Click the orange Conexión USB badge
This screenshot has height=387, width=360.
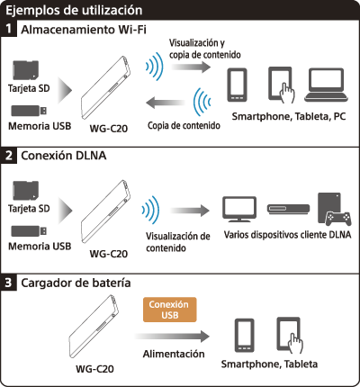pyautogui.click(x=170, y=310)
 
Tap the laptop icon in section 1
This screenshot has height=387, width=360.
pyautogui.click(x=327, y=85)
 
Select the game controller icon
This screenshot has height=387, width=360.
pyautogui.click(x=338, y=219)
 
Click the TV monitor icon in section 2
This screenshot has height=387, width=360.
pyautogui.click(x=239, y=209)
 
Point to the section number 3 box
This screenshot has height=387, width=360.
pyautogui.click(x=8, y=283)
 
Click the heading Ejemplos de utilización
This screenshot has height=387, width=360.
pyautogui.click(x=74, y=10)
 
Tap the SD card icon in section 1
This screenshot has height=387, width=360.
pyautogui.click(x=26, y=70)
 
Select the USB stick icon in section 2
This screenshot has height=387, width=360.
pyautogui.click(x=29, y=230)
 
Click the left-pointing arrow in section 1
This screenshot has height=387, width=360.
pyautogui.click(x=166, y=103)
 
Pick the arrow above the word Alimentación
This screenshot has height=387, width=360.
pyautogui.click(x=172, y=337)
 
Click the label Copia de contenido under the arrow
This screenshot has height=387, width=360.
pyautogui.click(x=184, y=125)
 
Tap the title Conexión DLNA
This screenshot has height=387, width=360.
pyautogui.click(x=64, y=156)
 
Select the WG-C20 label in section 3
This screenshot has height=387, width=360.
pyautogui.click(x=94, y=369)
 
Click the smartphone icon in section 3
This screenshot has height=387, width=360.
pyautogui.click(x=245, y=336)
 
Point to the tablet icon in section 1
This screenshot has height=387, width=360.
pyautogui.click(x=282, y=85)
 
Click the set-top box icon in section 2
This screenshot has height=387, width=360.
pyautogui.click(x=288, y=209)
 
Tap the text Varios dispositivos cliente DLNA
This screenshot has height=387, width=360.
pyautogui.click(x=287, y=235)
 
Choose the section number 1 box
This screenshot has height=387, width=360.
pyautogui.click(x=8, y=29)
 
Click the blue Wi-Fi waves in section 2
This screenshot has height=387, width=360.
pyautogui.click(x=151, y=210)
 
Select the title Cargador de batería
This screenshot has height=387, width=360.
pyautogui.click(x=76, y=283)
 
